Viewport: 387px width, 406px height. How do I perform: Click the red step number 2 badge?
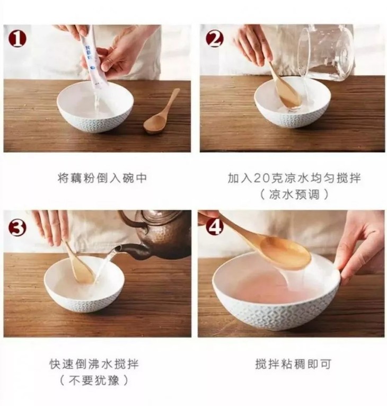point(215,39)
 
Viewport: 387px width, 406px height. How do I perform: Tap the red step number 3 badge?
point(17,227)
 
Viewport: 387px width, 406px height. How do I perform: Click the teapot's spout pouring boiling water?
point(131,250)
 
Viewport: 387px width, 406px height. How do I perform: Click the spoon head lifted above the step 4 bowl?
point(285,253)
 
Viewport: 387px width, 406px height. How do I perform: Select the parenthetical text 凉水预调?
point(294,195)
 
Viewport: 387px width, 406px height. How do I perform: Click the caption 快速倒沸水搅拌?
point(94,364)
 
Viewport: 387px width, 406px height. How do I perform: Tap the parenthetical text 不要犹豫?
point(94,381)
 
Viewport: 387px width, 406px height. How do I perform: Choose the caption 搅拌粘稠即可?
point(293,364)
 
